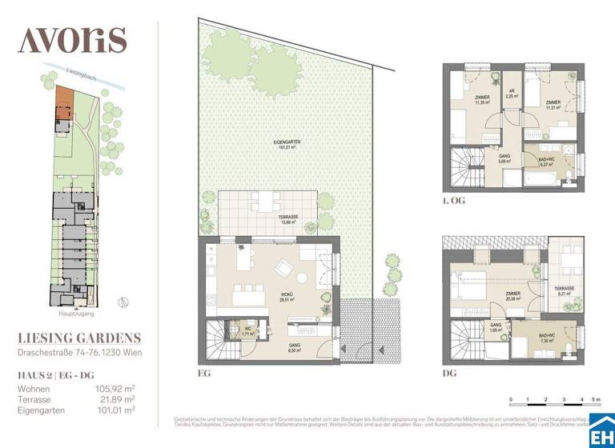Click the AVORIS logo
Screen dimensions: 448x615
pos(72,38)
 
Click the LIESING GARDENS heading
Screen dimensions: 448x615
pos(79,338)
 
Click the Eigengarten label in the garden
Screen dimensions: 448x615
pos(278,144)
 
